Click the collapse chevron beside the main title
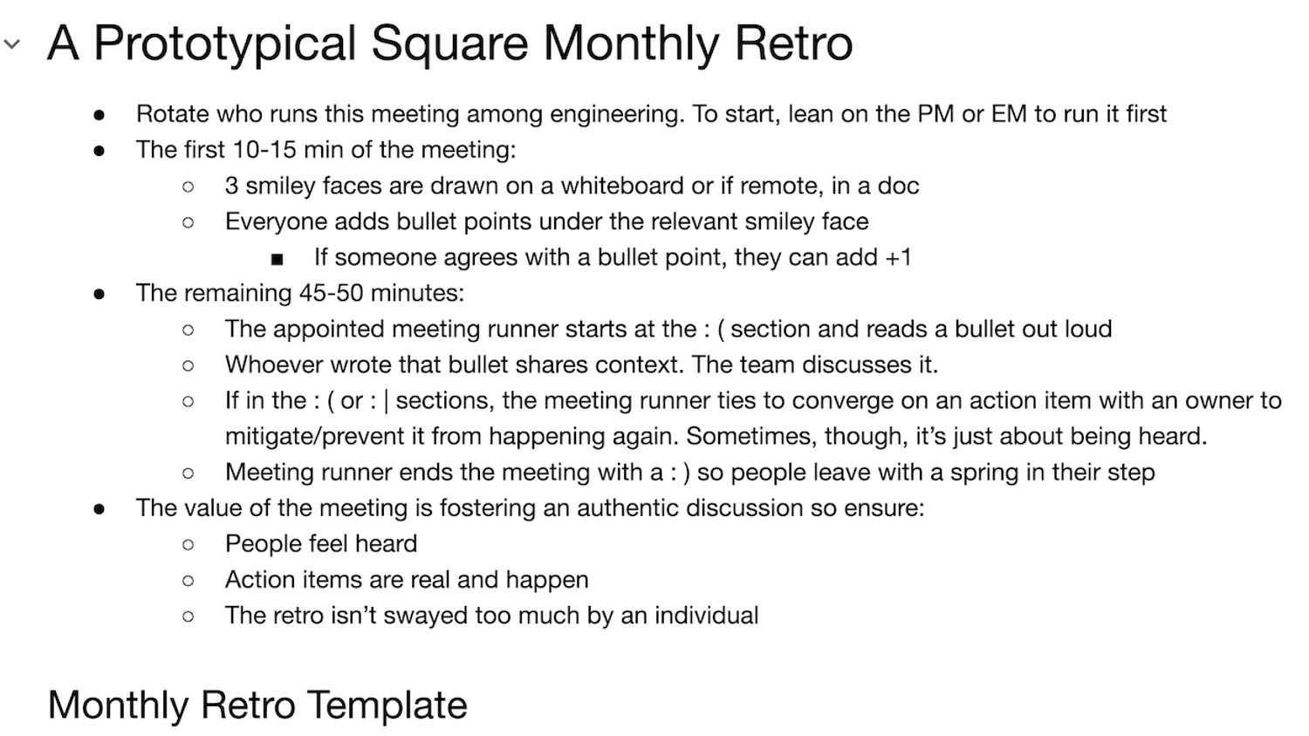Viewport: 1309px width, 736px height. (x=12, y=44)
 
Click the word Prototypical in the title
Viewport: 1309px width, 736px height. (x=224, y=44)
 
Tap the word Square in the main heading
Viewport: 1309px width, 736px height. (x=449, y=44)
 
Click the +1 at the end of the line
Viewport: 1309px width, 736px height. (x=898, y=257)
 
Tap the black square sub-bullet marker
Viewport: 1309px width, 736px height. (x=278, y=259)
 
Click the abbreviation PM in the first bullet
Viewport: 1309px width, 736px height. (x=935, y=114)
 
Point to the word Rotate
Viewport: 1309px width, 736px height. (x=173, y=114)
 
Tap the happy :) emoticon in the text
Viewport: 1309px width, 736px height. (x=680, y=473)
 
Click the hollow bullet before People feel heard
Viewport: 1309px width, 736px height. (x=188, y=545)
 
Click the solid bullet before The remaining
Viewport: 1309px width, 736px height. (x=99, y=294)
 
